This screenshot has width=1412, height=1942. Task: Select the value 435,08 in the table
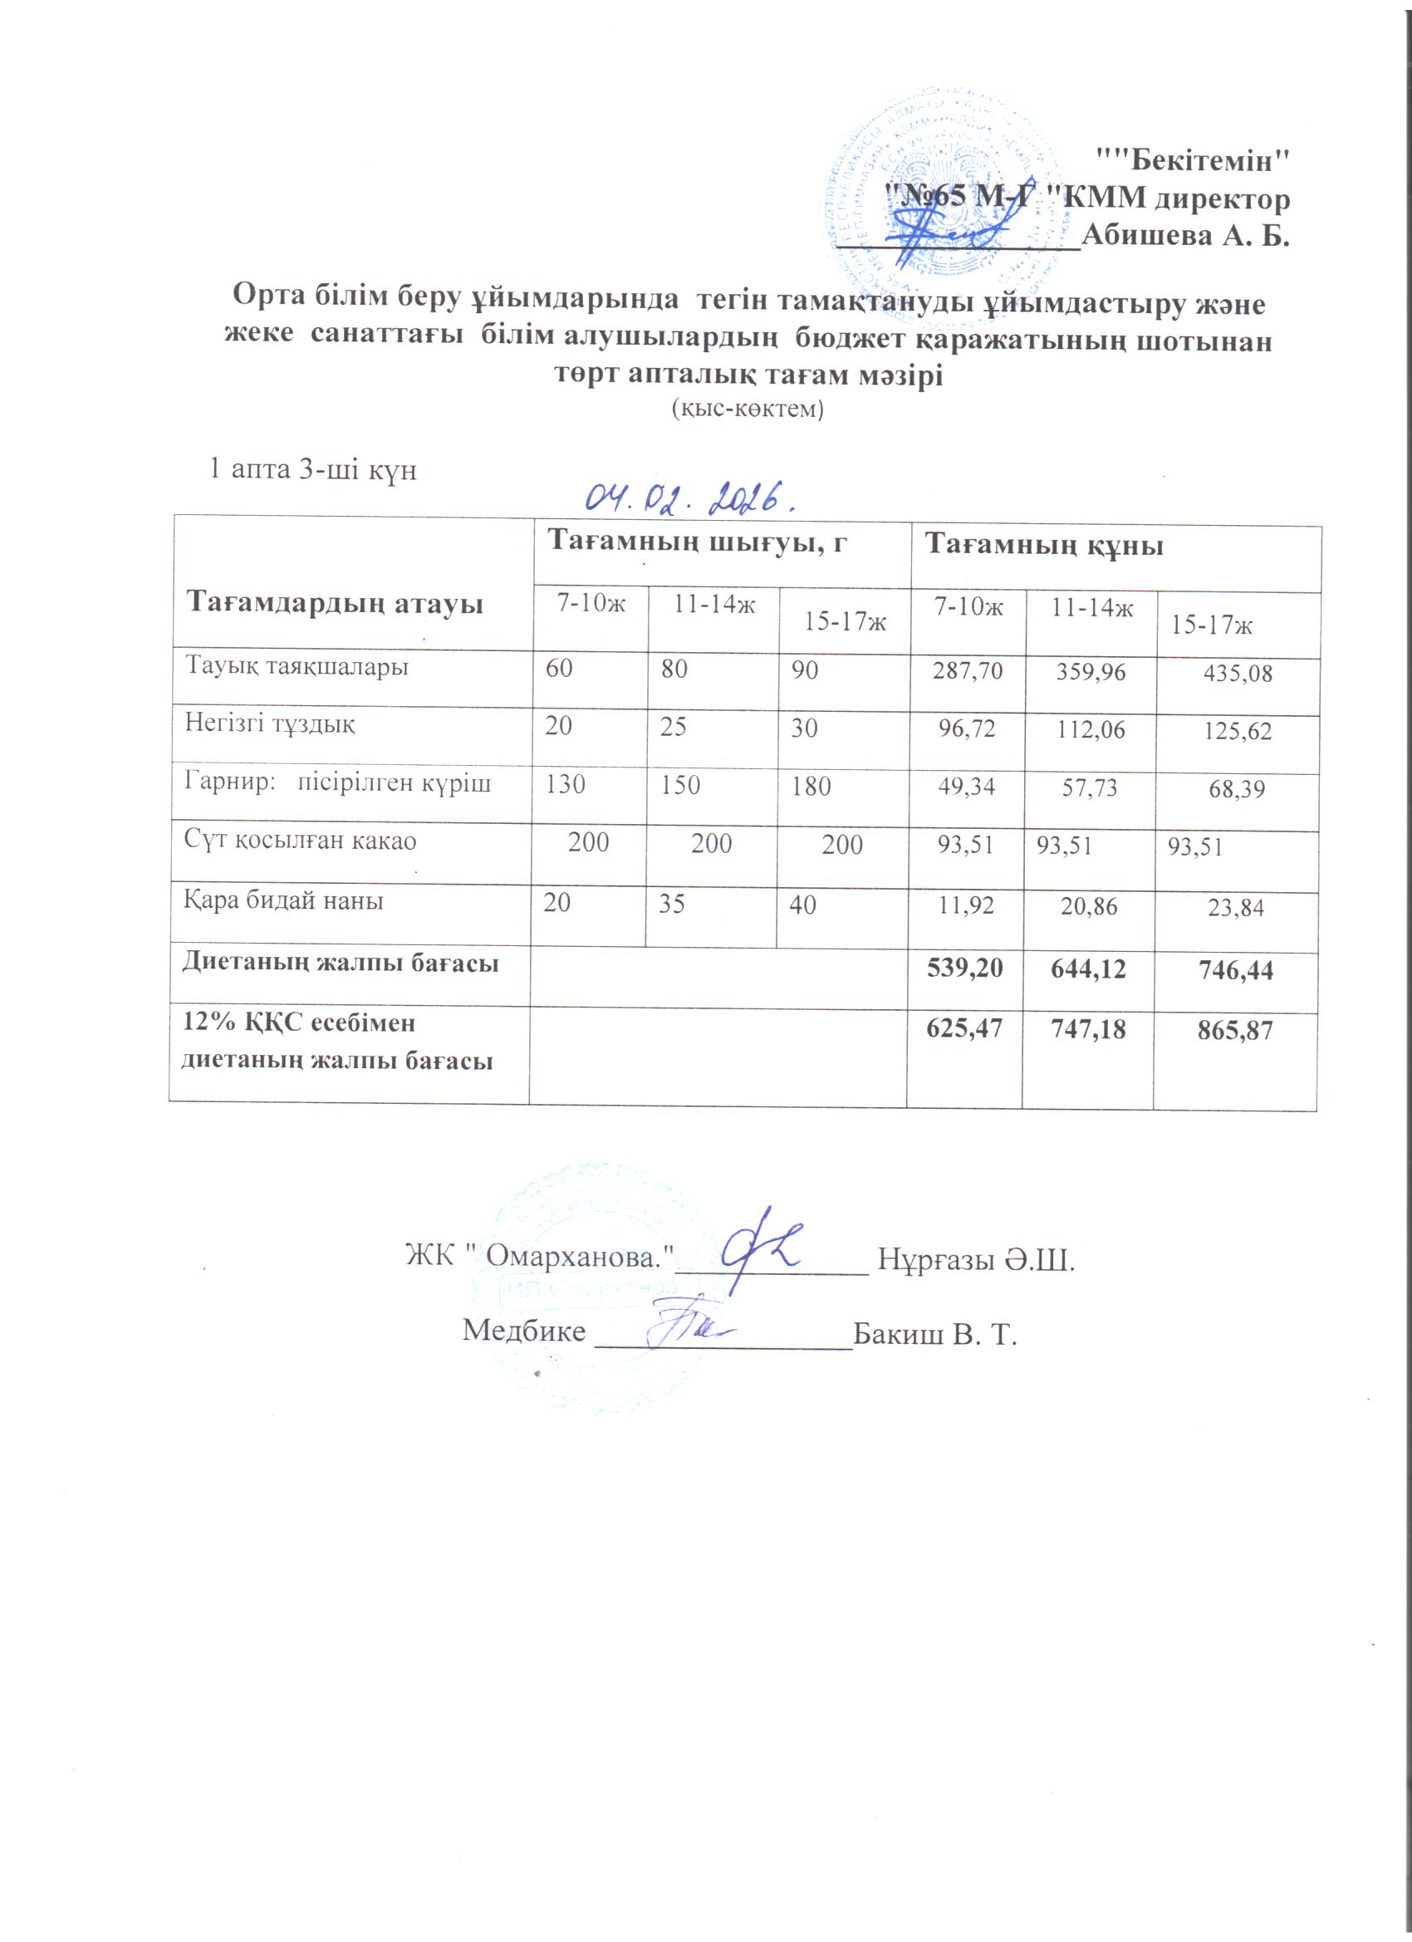click(1238, 673)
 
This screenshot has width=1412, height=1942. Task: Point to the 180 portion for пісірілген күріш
click(811, 786)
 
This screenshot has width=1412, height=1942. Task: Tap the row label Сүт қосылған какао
click(301, 840)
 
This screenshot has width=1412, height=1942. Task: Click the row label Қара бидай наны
click(283, 900)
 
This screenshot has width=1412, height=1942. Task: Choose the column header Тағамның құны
click(1046, 545)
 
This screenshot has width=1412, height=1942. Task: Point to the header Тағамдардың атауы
click(336, 604)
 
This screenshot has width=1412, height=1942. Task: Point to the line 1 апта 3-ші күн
click(313, 470)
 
